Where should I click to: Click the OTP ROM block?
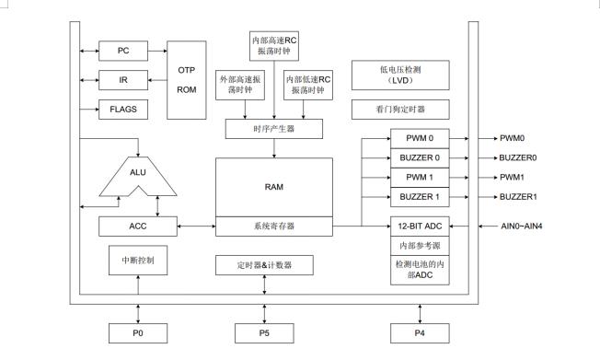186,80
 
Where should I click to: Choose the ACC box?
136,226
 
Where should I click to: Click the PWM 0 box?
420,137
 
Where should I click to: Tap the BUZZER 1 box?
420,197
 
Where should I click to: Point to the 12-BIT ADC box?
420,226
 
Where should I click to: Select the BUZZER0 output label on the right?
519,157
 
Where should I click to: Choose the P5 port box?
265,333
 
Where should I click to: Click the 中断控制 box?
136,261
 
